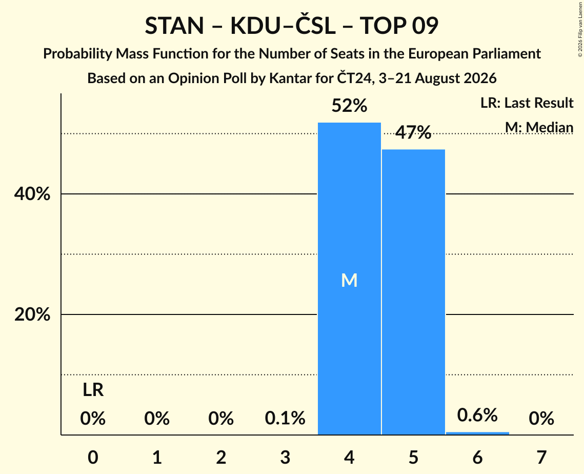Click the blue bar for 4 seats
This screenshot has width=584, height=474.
coord(349,279)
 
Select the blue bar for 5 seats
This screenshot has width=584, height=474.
coord(413,292)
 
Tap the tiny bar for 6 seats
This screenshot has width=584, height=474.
coord(477,433)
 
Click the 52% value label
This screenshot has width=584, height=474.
coord(349,106)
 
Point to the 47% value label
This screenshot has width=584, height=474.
coord(413,132)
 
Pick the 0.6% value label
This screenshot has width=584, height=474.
coord(477,414)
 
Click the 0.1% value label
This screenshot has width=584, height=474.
coord(285,418)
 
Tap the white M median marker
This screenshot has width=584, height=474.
coord(349,280)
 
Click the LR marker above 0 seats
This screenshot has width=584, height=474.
coord(93,390)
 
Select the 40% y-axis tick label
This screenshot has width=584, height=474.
coord(32,194)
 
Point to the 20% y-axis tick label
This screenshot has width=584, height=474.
coord(32,314)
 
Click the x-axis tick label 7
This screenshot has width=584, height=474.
coord(541,457)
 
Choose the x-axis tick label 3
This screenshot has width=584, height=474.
coord(285,457)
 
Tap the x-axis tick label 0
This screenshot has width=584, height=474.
coord(93,457)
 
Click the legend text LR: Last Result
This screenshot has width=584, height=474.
coord(527,103)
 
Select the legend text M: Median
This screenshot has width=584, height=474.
coord(539,127)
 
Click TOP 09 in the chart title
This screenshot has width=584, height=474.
coord(399,26)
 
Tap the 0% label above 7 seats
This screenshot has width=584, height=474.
coord(541,418)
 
